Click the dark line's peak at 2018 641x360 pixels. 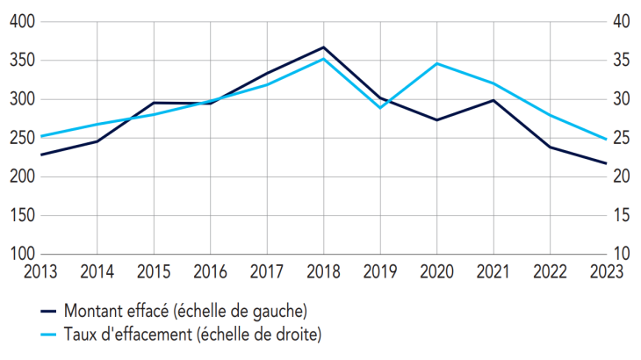pyautogui.click(x=324, y=47)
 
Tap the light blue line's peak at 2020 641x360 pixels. pyautogui.click(x=436, y=63)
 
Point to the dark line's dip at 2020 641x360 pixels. pyautogui.click(x=436, y=119)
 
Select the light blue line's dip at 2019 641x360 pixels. pyautogui.click(x=380, y=107)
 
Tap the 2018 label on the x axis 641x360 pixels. pyautogui.click(x=324, y=270)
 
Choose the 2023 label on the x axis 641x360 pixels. pyautogui.click(x=605, y=270)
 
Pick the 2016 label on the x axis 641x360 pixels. pyautogui.click(x=211, y=270)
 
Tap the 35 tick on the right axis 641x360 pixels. pyautogui.click(x=621, y=61)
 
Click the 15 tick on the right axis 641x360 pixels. pyautogui.click(x=621, y=215)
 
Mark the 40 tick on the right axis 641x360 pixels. pyautogui.click(x=621, y=22)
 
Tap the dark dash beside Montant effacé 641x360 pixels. pyautogui.click(x=49, y=311)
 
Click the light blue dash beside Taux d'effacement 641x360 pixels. pyautogui.click(x=49, y=334)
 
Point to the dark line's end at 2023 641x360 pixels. pyautogui.click(x=606, y=163)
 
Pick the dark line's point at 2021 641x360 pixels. pyautogui.click(x=493, y=100)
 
